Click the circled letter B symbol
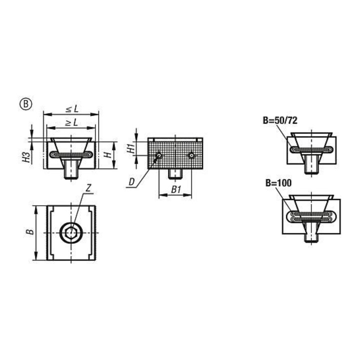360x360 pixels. (25, 104)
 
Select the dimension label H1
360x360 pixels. (131, 149)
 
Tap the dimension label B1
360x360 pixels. (176, 189)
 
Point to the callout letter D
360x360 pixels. (132, 182)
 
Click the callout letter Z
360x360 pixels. (88, 188)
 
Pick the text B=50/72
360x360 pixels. (280, 120)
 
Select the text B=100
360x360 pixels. (278, 183)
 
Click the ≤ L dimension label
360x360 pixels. (72, 109)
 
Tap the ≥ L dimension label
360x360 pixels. (71, 122)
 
